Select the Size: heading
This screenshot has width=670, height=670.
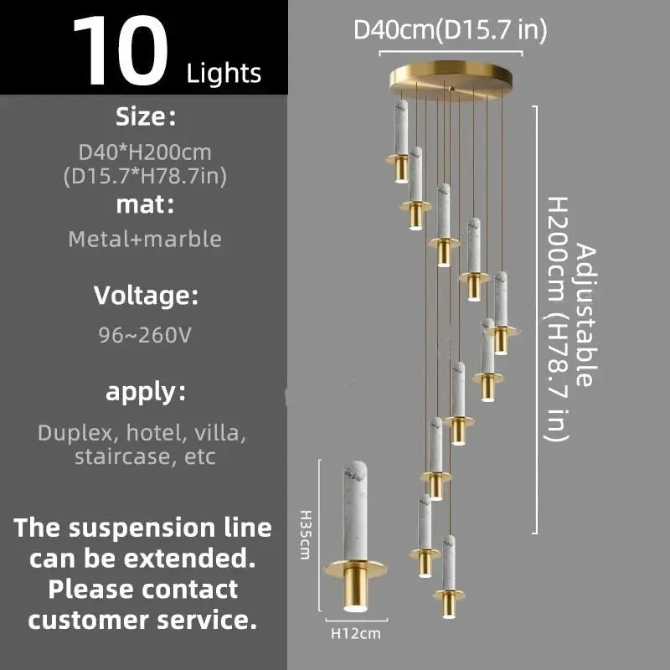tap(147, 116)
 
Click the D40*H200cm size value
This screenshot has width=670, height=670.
tap(145, 152)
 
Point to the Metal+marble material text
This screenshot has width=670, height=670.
tap(145, 239)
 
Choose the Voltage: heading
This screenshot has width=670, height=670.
tap(146, 296)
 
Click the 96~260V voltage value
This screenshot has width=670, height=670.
tap(145, 336)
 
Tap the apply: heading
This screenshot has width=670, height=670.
tap(146, 391)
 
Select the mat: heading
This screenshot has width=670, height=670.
tap(146, 203)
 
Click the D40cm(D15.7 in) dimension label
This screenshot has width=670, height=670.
tap(451, 30)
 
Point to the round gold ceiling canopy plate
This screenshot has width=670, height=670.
tap(451, 81)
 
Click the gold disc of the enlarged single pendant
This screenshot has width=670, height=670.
tap(358, 568)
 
